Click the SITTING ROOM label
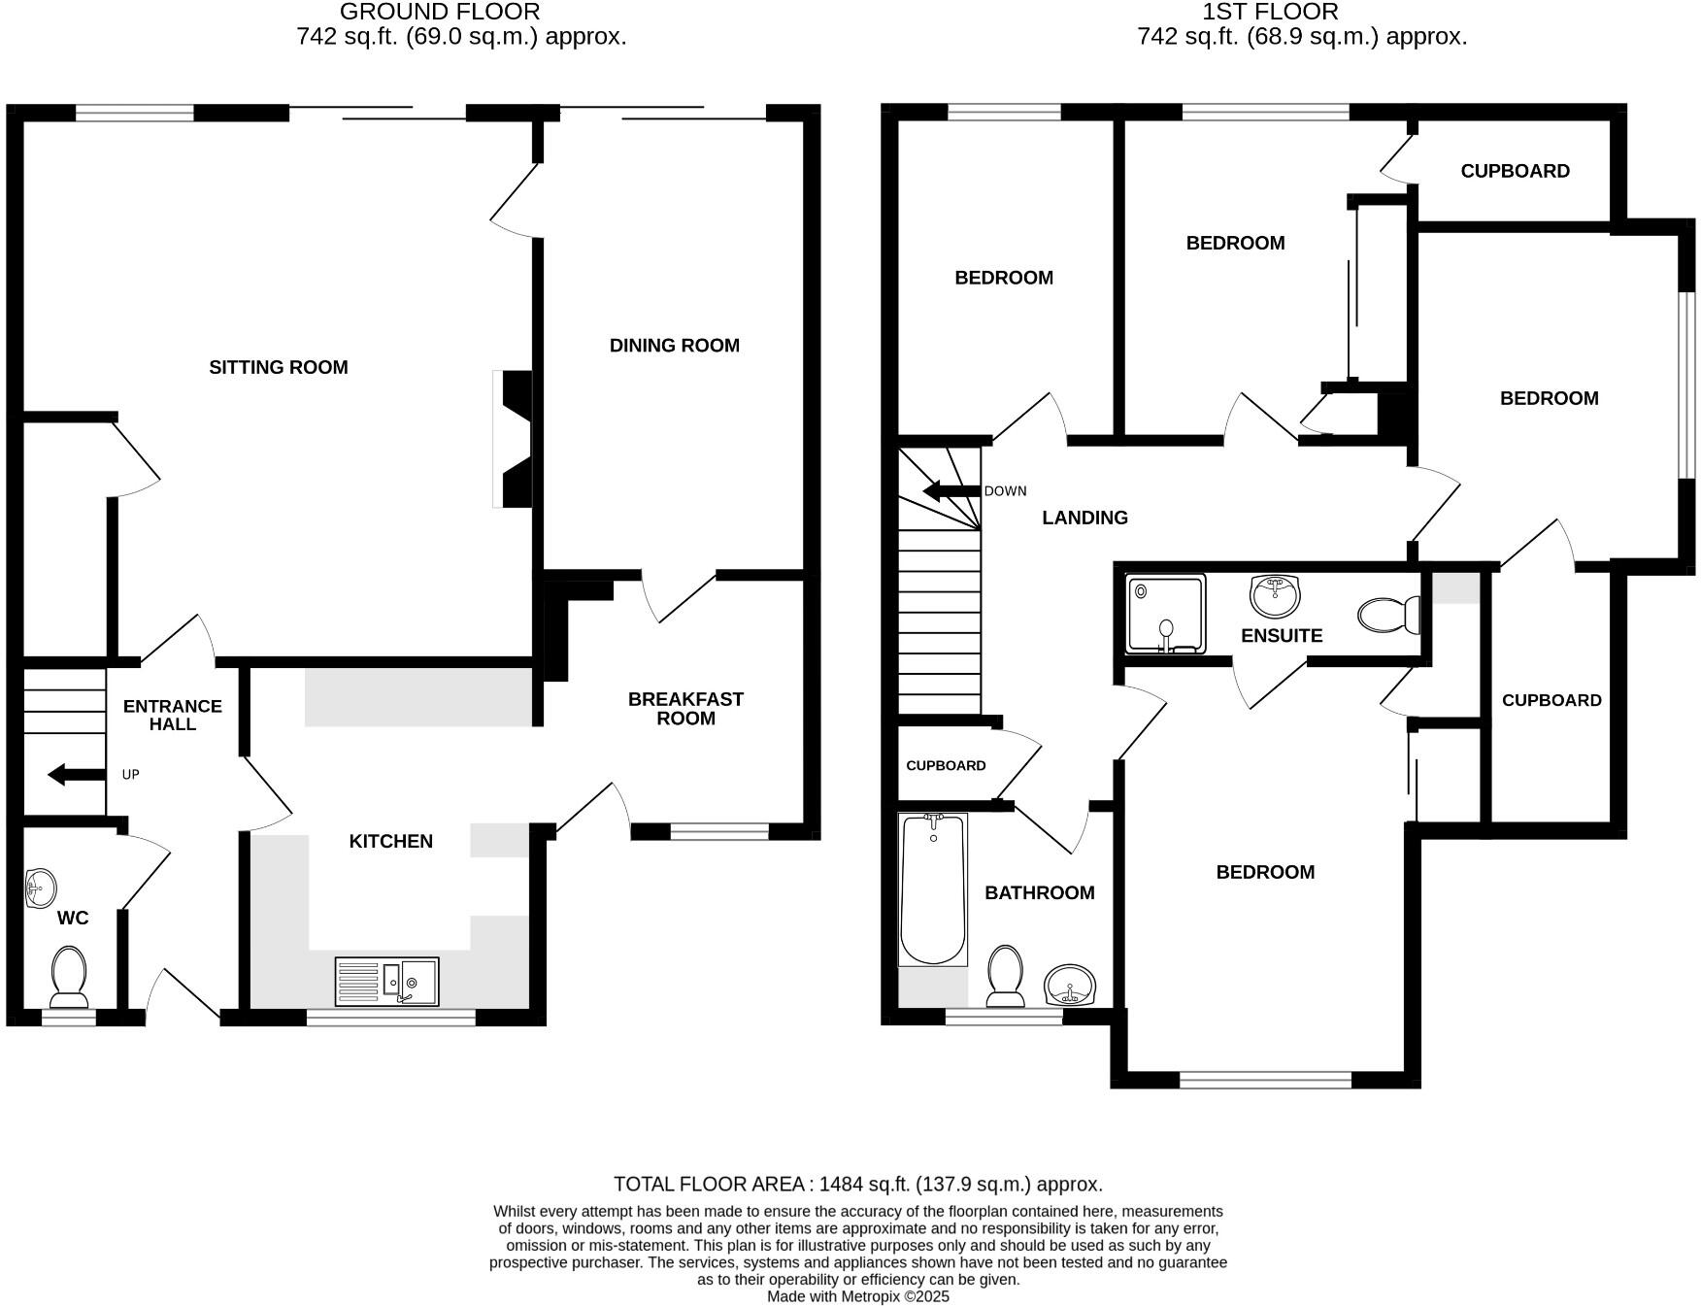click(x=278, y=367)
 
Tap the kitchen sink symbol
click(x=386, y=982)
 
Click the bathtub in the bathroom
click(x=933, y=889)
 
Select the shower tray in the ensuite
click(x=1165, y=613)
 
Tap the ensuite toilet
click(x=1388, y=615)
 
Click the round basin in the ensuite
click(x=1275, y=595)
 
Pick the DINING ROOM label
click(x=674, y=346)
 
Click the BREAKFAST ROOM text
click(x=685, y=709)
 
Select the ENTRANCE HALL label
click(x=173, y=715)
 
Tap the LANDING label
click(x=1084, y=518)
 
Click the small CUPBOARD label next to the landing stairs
click(x=946, y=765)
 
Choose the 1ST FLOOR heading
click(x=1270, y=12)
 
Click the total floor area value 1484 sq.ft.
click(x=863, y=1184)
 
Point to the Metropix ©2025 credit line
click(x=858, y=1296)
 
